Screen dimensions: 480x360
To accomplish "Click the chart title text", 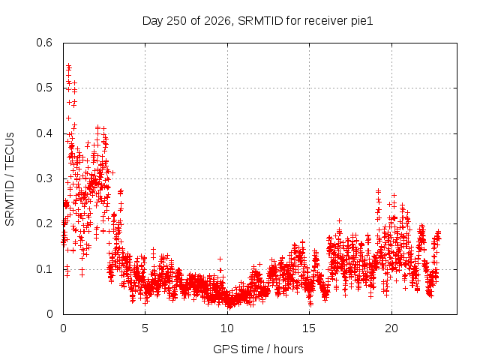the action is [x=258, y=21].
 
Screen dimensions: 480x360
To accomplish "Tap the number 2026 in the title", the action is [x=217, y=21].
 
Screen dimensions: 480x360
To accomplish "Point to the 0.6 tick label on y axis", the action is [x=44, y=43].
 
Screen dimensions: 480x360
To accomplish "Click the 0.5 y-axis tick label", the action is [x=44, y=88].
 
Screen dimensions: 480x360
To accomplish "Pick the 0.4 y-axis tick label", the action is [x=44, y=133].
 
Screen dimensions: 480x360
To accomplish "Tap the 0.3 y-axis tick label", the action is [x=44, y=178].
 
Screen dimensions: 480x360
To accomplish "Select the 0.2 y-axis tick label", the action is [x=44, y=223].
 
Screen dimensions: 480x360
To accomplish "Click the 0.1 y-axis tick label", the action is [x=44, y=269].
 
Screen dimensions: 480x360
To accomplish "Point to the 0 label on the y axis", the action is [x=49, y=314].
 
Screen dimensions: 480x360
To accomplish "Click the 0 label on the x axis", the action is [x=63, y=328].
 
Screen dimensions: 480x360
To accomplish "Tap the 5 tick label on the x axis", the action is [x=145, y=328].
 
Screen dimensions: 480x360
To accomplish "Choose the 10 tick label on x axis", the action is [x=227, y=328].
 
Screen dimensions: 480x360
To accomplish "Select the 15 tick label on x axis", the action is [x=309, y=328].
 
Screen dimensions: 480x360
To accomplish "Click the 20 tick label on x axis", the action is [x=391, y=328].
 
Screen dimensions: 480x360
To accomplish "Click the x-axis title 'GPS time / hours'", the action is [x=258, y=349].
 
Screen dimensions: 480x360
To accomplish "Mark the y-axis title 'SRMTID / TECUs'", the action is [x=10, y=179].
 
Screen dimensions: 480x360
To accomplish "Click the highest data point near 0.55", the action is [x=69, y=65].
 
